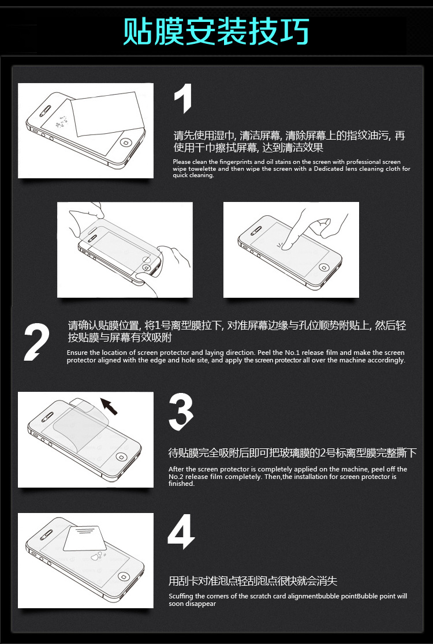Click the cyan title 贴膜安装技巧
pyautogui.click(x=216, y=31)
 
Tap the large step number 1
pyautogui.click(x=183, y=99)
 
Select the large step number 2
pyautogui.click(x=36, y=342)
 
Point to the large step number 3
pyautogui.click(x=181, y=413)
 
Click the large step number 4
pyautogui.click(x=181, y=531)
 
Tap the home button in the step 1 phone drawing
pyautogui.click(x=126, y=143)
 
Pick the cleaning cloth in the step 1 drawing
pyautogui.click(x=107, y=114)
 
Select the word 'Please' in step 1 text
pyautogui.click(x=182, y=162)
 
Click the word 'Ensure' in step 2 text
pyautogui.click(x=77, y=353)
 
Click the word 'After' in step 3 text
pyautogui.click(x=176, y=469)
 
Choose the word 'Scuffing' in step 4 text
pyautogui.click(x=181, y=596)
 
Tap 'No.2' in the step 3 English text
pyautogui.click(x=176, y=477)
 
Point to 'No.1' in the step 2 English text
pyautogui.click(x=292, y=353)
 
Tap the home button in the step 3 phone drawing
pyautogui.click(x=122, y=456)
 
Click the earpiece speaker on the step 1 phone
pyautogui.click(x=46, y=110)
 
